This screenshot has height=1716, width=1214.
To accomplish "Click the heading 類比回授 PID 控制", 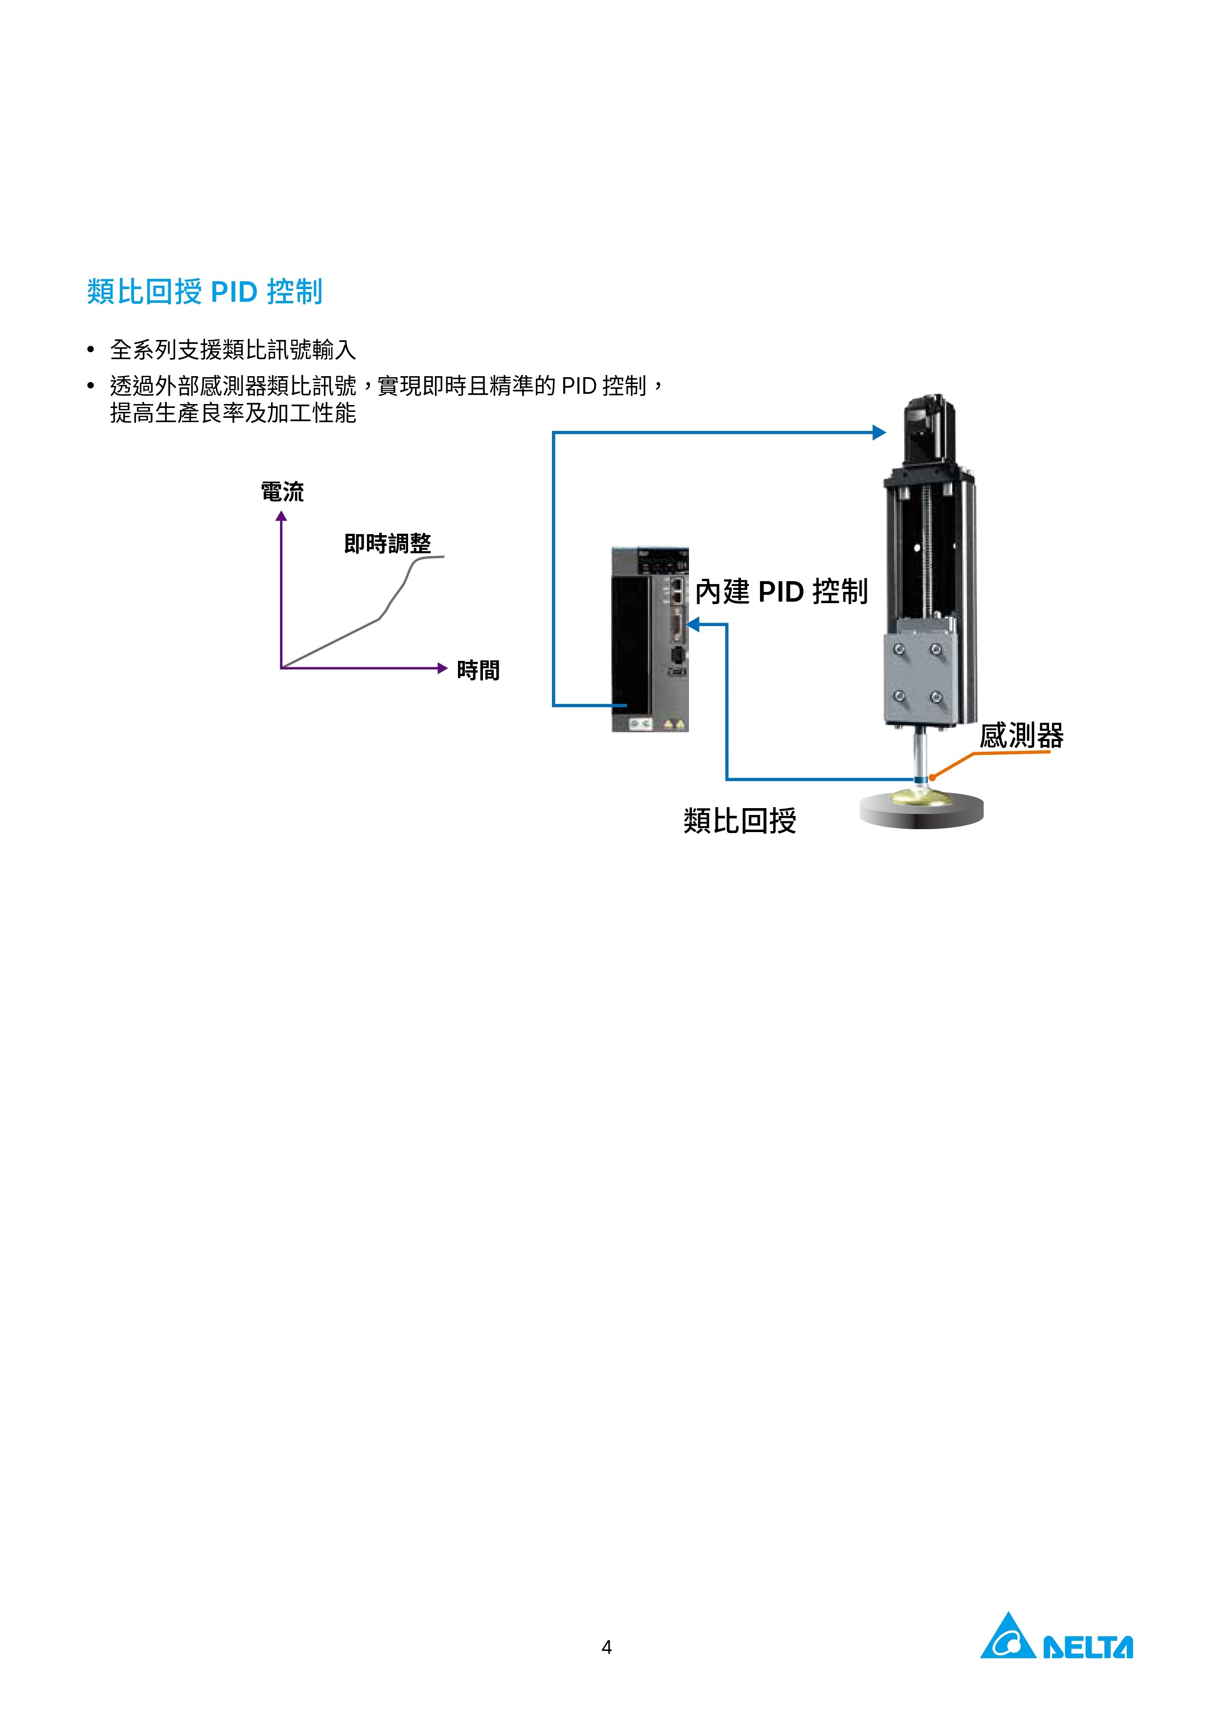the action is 205,292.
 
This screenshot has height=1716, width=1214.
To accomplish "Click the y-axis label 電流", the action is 282,492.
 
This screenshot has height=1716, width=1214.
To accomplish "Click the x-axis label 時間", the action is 479,671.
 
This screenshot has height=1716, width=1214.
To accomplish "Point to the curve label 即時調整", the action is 388,543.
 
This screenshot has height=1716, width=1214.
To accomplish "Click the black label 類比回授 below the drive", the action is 740,821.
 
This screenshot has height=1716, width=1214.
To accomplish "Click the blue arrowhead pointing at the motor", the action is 879,432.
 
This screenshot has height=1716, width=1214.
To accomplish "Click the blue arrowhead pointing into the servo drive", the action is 693,624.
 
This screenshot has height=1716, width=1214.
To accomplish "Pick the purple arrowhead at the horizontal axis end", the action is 442,668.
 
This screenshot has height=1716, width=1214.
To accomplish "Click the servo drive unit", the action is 650,639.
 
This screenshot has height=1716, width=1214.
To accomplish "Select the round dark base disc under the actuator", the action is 922,810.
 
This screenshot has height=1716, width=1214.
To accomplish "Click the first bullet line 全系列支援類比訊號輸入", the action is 232,349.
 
